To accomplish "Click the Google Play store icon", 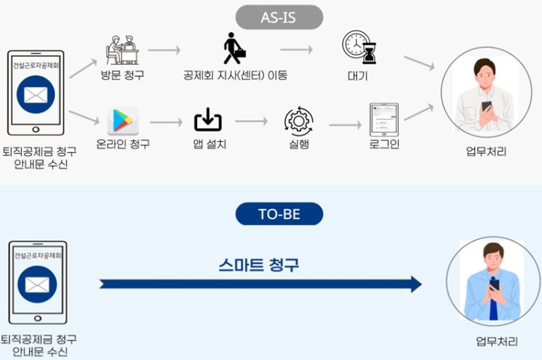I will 122,120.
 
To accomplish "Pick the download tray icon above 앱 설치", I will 208,120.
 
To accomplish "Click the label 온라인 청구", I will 123,143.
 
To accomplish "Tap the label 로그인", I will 384,143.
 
